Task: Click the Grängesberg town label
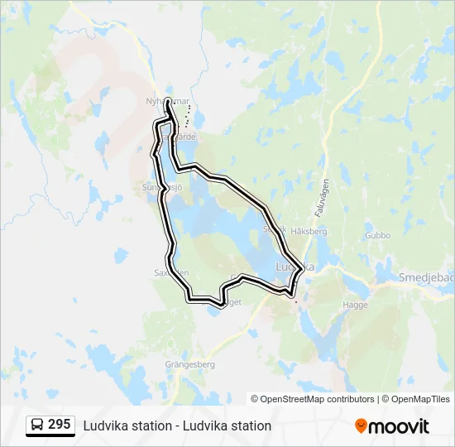[x=191, y=363]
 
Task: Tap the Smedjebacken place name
[x=427, y=277]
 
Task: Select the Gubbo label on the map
[x=376, y=235]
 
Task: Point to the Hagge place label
[x=355, y=305]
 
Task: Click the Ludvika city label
[x=295, y=267]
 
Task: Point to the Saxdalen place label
[x=171, y=272]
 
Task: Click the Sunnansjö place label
[x=161, y=188]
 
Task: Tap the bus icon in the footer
[x=38, y=425]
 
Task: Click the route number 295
[x=59, y=425]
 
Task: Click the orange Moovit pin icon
[x=361, y=425]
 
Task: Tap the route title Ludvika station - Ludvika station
[x=177, y=425]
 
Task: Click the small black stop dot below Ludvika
[x=296, y=302]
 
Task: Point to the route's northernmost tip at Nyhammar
[x=168, y=100]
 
